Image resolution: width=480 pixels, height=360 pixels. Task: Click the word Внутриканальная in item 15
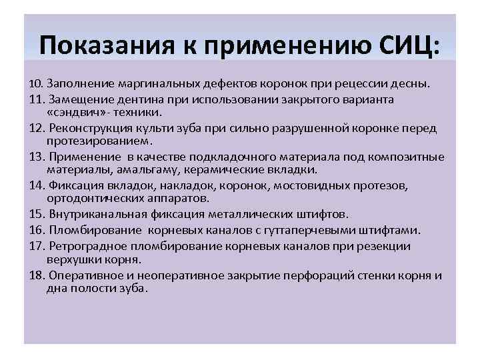coord(97,214)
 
